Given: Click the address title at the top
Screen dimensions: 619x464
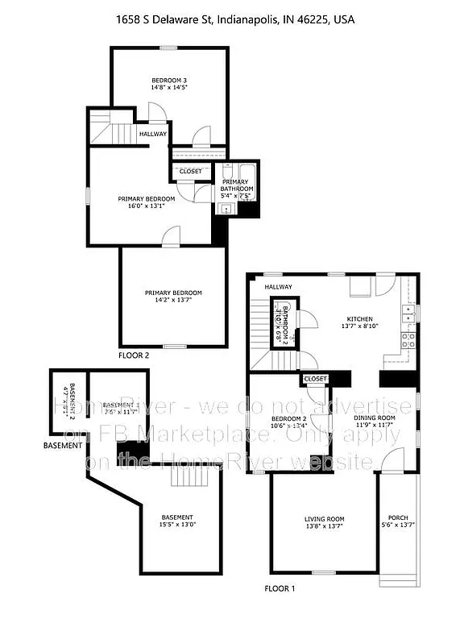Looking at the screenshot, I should point(231,19).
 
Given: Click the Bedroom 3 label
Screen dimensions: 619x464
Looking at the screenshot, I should point(169,81).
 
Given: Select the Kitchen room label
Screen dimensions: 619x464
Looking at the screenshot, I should point(360,318).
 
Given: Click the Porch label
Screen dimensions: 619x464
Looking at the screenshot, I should point(398,517).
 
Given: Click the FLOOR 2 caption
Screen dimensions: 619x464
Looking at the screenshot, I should point(134,355).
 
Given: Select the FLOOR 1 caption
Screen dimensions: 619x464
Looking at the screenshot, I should point(280,588).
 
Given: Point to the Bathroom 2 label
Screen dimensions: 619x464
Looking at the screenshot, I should point(282,323).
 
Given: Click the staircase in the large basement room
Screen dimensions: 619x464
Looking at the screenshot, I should point(194,477).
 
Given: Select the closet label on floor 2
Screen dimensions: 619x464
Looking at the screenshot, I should point(191,171).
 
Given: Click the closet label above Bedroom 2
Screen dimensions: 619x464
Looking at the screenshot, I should point(315,378).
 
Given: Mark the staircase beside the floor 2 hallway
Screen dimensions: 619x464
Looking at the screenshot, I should point(110,129).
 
